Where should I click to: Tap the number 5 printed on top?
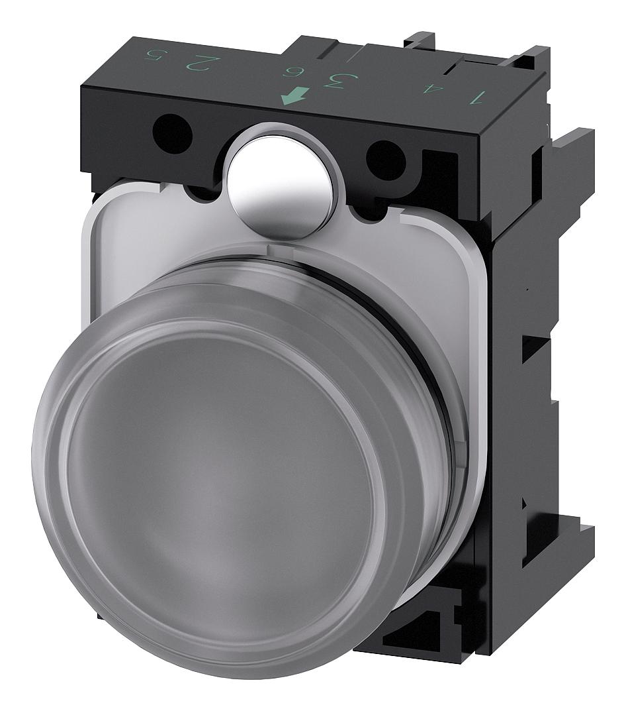coord(154,56)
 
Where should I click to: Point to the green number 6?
coord(289,74)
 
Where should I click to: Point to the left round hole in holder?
coord(172,133)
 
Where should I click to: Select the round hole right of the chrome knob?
coord(386,159)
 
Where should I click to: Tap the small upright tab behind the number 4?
coord(421,40)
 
